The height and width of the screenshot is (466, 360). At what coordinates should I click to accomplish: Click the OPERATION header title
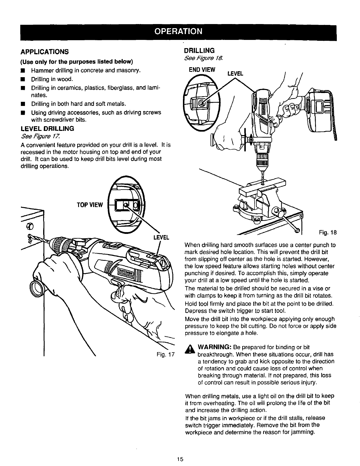179,31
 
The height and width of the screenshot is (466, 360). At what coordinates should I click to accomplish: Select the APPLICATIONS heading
44,52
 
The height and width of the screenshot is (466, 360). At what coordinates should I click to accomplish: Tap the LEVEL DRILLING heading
48,129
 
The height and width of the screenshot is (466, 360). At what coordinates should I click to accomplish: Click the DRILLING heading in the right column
199,50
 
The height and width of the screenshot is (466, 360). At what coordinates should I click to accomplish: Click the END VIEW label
202,70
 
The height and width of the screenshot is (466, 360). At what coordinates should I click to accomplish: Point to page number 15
180,459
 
